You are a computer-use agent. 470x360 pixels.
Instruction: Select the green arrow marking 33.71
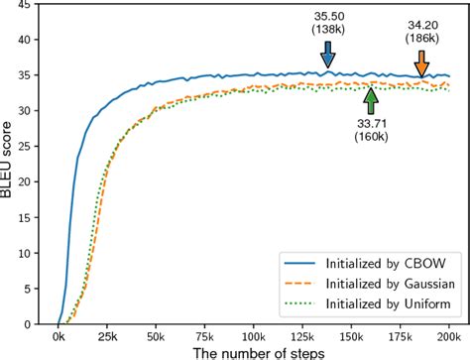pos(370,100)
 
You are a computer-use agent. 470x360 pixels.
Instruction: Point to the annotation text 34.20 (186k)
pos(422,31)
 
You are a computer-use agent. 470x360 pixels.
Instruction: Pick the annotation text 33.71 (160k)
pos(373,130)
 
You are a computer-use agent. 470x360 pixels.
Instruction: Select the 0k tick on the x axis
pos(59,334)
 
